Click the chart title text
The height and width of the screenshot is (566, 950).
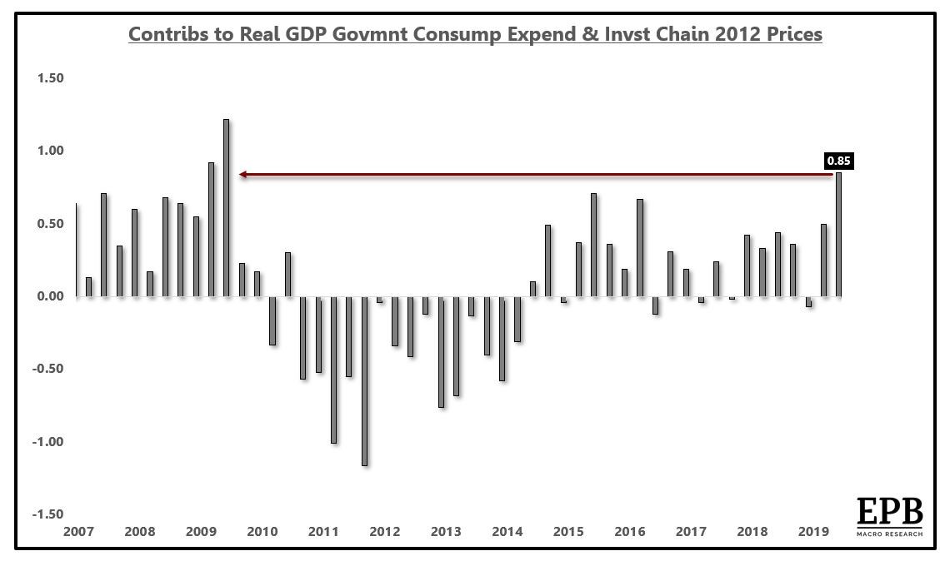pos(475,34)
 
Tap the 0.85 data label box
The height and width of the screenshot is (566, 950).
pos(838,161)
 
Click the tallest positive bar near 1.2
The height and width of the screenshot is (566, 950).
pos(226,207)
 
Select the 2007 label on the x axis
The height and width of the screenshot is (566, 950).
pos(77,531)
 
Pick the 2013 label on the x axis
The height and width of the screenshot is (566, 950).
pos(446,531)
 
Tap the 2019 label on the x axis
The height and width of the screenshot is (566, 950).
pos(813,531)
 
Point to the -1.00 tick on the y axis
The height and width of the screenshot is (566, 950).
pos(48,442)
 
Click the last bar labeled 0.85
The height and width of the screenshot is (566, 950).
pos(838,234)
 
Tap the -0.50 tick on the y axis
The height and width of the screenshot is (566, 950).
pos(48,369)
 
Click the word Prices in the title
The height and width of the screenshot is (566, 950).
pos(792,34)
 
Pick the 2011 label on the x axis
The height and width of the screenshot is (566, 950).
pos(323,531)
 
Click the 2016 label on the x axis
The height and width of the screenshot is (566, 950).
pos(630,531)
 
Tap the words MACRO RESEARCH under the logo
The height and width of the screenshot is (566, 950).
pos(889,533)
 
